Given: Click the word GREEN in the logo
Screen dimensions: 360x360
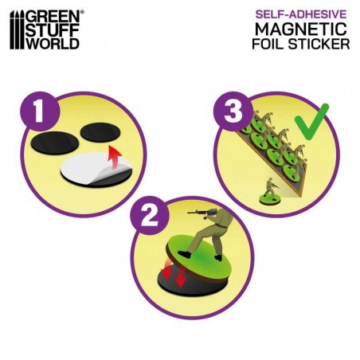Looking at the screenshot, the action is (x=54, y=17).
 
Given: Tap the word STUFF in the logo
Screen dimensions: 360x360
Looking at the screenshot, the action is (x=53, y=30).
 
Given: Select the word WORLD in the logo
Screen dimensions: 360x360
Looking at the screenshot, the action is (x=53, y=43).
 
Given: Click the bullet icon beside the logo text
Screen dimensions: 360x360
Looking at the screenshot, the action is (x=17, y=30).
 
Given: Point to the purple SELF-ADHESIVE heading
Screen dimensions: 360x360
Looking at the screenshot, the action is (x=301, y=14).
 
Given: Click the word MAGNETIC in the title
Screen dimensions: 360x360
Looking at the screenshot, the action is (x=301, y=29).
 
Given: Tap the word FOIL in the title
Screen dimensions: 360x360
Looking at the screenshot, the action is (x=268, y=44).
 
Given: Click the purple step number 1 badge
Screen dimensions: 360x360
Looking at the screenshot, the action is (x=40, y=112).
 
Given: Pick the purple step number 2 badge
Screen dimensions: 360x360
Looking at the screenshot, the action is (x=150, y=215).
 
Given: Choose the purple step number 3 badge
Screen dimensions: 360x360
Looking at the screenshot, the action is (x=233, y=112).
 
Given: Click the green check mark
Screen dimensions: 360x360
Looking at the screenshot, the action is (x=311, y=122).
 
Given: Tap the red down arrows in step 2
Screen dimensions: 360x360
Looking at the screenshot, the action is (x=174, y=276).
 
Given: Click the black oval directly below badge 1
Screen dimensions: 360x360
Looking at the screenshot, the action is (x=55, y=143).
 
